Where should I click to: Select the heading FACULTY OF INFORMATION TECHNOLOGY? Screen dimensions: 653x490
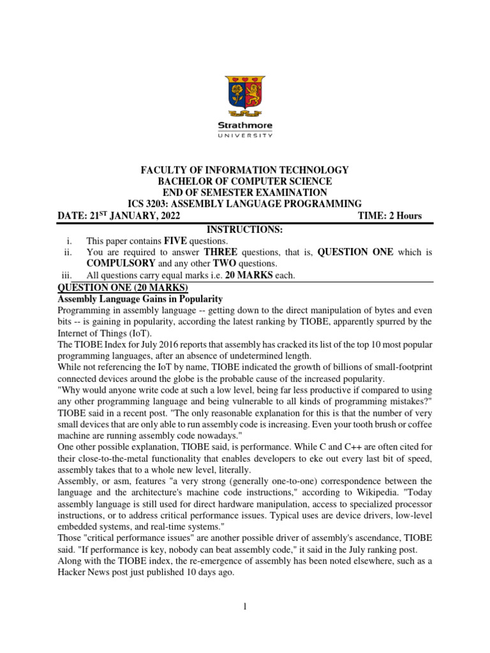(245, 170)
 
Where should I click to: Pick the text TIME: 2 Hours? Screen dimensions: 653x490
(390, 216)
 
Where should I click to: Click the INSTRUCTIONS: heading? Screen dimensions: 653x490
(245, 229)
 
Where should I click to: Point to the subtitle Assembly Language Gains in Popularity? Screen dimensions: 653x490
(140, 298)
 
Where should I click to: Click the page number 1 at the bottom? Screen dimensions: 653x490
(245, 607)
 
